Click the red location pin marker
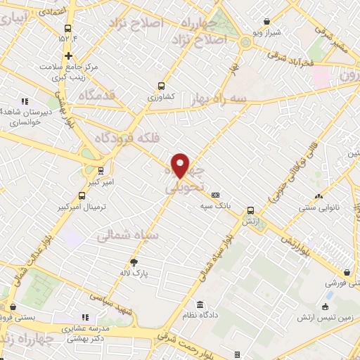click(x=181, y=165)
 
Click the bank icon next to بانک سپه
click(x=215, y=195)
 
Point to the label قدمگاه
click(x=96, y=94)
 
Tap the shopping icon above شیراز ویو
click(x=266, y=22)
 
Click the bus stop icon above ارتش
click(x=250, y=210)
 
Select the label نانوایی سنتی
click(x=319, y=207)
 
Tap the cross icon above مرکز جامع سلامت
click(x=68, y=56)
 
